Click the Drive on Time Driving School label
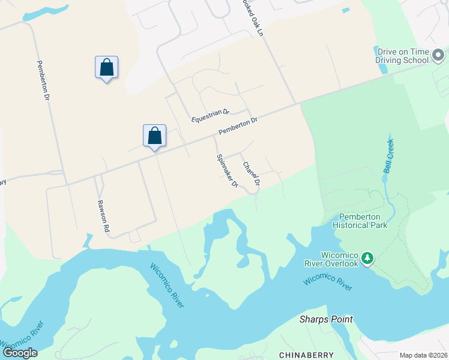[x=402, y=56]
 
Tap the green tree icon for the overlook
[x=367, y=259]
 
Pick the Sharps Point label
[x=326, y=319]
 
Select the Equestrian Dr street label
[x=210, y=116]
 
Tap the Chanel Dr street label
[x=252, y=173]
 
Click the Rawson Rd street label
[x=104, y=216]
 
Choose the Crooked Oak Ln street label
[x=253, y=18]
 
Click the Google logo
[x=20, y=352]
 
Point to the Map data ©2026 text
[x=424, y=355]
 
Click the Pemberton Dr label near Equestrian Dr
[x=238, y=125]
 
